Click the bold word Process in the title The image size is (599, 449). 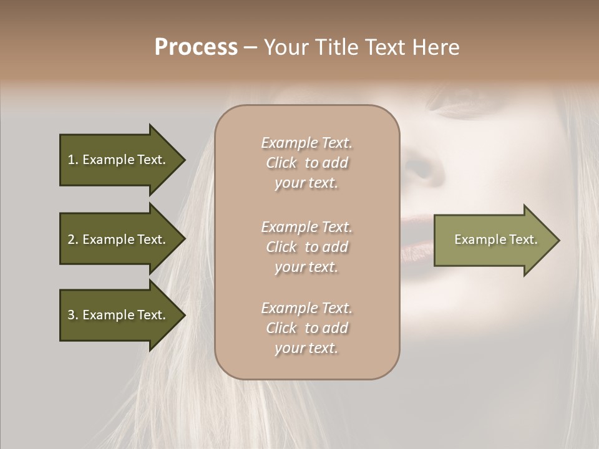(196, 47)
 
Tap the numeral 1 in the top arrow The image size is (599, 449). (71, 160)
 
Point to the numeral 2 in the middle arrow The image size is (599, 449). (71, 239)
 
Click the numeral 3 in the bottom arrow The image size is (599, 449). (71, 315)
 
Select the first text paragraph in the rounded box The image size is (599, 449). (306, 163)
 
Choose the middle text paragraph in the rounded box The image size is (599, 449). (306, 247)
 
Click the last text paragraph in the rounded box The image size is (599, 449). (306, 328)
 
